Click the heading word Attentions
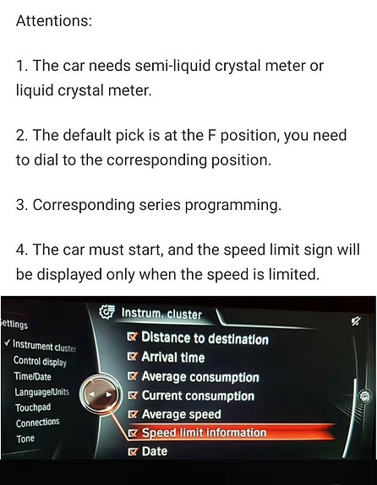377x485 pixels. (x=54, y=21)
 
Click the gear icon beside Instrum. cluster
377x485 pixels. (x=107, y=312)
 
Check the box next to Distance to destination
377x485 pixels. (x=133, y=337)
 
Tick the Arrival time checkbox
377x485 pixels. (x=133, y=357)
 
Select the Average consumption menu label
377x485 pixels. (x=200, y=377)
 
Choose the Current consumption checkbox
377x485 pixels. (x=133, y=396)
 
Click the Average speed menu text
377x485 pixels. (x=182, y=414)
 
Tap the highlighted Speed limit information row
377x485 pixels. (x=231, y=433)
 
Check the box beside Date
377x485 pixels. (x=133, y=452)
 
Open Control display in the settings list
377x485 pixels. (x=40, y=361)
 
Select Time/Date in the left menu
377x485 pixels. (x=33, y=376)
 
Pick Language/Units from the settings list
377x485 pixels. (x=42, y=392)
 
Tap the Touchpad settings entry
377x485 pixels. (x=33, y=407)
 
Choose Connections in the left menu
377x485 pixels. (x=37, y=423)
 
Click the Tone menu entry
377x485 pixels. (x=25, y=439)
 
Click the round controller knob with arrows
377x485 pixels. (x=99, y=395)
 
